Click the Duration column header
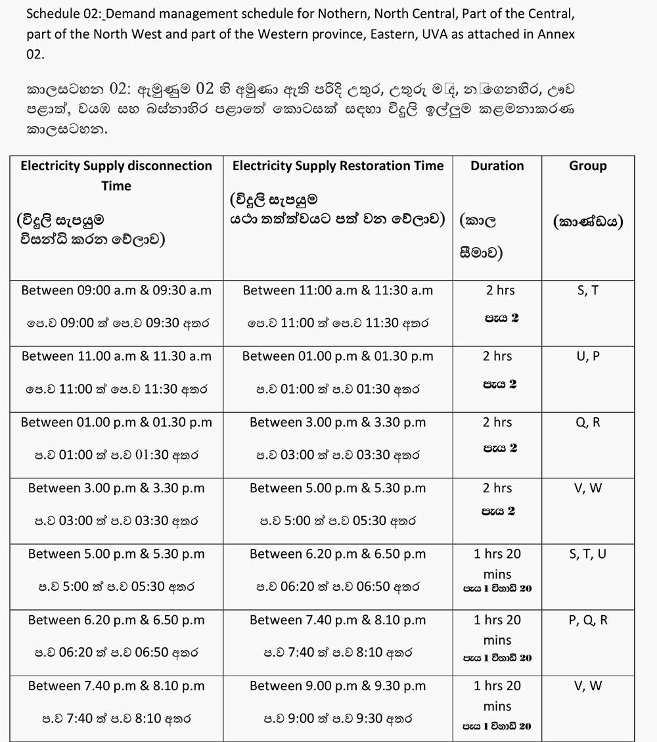(497, 166)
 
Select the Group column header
(587, 166)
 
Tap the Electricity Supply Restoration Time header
(338, 166)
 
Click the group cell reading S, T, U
(587, 554)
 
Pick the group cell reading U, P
(587, 356)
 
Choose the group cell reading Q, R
(587, 423)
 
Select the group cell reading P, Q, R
(587, 620)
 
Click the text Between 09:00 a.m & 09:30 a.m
(116, 290)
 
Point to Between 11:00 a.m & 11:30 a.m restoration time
(338, 290)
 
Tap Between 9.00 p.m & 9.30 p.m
(338, 685)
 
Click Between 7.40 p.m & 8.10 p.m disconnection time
(116, 685)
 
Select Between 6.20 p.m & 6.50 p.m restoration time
(338, 554)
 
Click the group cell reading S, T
(587, 290)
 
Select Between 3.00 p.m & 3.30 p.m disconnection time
(116, 488)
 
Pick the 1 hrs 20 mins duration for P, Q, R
(497, 629)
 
